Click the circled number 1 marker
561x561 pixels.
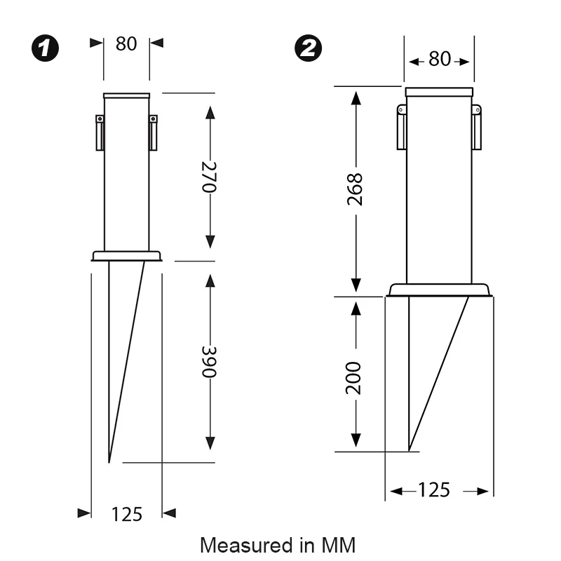click(46, 49)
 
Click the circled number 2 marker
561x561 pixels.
click(309, 49)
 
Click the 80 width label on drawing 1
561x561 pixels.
click(126, 43)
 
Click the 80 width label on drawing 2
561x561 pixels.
click(439, 60)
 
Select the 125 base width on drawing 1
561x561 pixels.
click(126, 514)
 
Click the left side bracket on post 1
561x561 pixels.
click(100, 133)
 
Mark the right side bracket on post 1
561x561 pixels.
click(153, 133)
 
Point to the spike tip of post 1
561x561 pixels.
click(109, 461)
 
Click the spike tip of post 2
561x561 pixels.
click(409, 450)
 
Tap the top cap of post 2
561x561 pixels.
click(439, 92)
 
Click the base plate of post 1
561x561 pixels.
click(126, 256)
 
